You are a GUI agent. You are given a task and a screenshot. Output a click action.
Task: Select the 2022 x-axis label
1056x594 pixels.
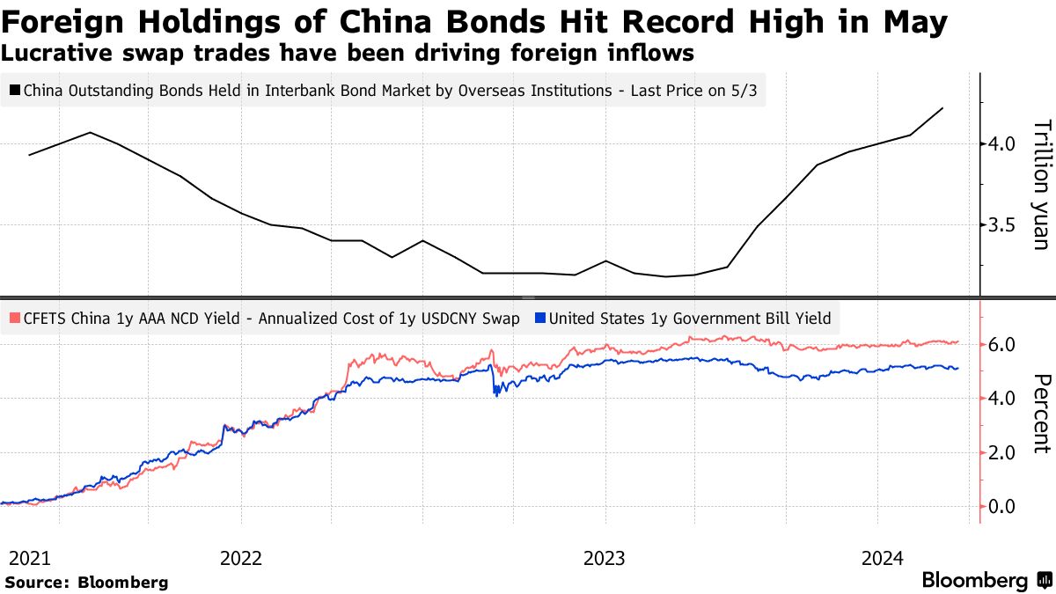[241, 558]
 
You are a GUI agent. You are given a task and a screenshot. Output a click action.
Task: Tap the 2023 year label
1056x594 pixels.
[605, 558]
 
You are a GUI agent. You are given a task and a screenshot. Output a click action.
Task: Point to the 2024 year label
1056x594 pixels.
[881, 558]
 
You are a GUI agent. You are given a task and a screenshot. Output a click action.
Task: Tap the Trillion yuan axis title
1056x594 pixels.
[1040, 184]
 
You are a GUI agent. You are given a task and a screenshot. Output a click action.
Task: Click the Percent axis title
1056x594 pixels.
[1040, 414]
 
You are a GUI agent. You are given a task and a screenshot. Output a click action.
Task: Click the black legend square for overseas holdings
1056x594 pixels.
[15, 90]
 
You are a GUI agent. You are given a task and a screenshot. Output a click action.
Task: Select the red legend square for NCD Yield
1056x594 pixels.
[15, 319]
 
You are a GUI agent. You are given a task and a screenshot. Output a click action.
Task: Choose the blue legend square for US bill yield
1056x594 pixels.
[540, 319]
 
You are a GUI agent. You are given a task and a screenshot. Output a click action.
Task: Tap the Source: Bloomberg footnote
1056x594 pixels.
[86, 582]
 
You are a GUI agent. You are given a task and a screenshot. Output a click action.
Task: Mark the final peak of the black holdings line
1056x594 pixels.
[942, 108]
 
